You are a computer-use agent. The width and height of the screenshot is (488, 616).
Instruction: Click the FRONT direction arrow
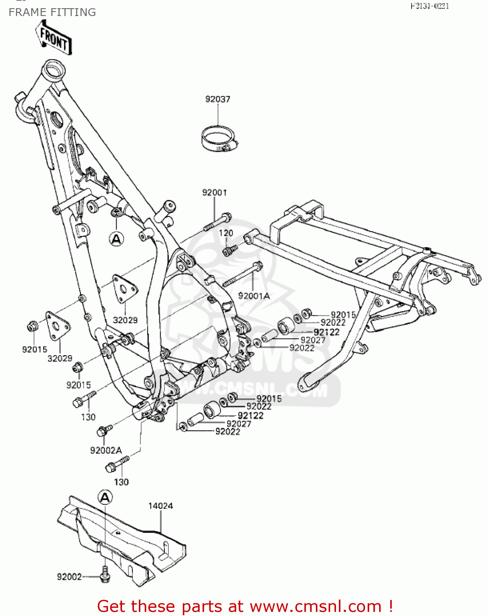coord(54,37)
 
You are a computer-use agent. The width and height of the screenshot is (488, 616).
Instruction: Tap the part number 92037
coord(218,99)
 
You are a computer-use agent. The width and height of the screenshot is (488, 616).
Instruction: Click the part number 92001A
coord(254,296)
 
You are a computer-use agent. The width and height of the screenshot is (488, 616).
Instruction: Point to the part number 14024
coord(161,506)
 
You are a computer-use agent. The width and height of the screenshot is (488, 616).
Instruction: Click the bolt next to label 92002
coord(105,574)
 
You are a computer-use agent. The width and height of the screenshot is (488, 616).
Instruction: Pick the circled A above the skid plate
coord(105,498)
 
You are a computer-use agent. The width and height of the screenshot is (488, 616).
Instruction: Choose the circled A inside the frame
coord(117,239)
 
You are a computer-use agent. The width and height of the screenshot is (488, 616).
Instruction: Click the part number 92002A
coord(106,450)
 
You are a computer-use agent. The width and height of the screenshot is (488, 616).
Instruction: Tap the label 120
coord(226,233)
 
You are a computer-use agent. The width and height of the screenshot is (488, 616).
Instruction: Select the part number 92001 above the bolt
coord(214,192)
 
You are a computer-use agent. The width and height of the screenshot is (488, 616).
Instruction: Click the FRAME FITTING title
coord(52,12)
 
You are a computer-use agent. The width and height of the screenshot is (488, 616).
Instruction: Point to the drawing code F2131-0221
coord(430,6)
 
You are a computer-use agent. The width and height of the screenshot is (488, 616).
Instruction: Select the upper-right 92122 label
coord(327,332)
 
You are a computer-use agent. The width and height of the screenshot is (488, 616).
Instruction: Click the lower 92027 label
coord(239,424)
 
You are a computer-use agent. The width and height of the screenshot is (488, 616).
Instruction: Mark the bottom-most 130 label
coord(121,482)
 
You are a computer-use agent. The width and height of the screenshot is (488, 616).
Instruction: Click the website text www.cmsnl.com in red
coord(315,606)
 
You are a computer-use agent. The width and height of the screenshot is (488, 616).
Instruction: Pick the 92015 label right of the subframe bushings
coord(343,315)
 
